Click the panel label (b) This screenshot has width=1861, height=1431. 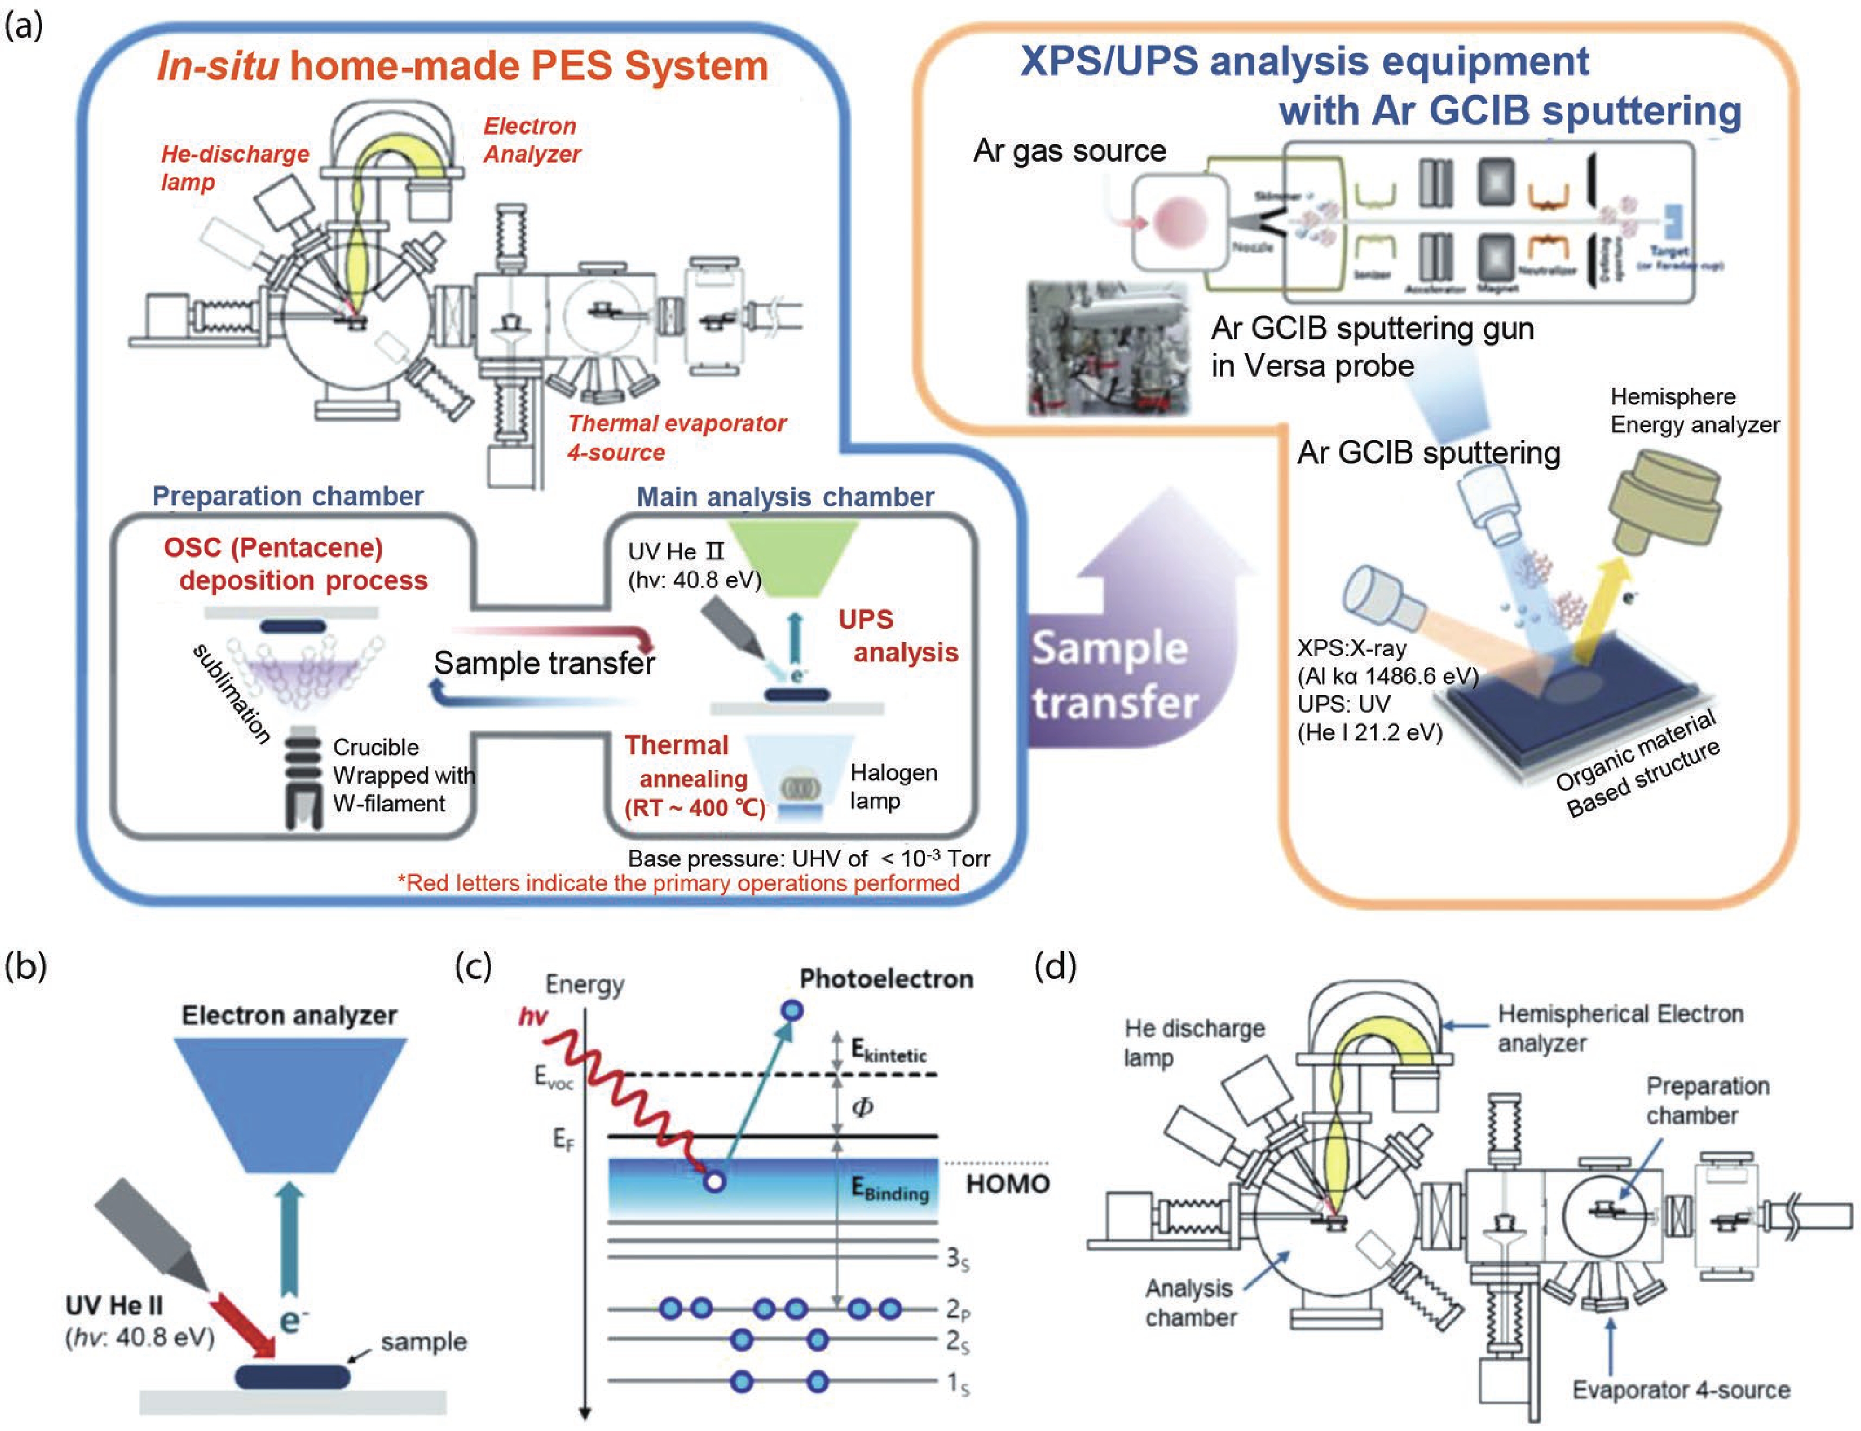point(25,966)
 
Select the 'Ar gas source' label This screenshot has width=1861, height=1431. point(1069,151)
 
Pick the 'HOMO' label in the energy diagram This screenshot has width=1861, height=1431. point(1007,1184)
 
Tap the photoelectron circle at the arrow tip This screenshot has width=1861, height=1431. point(792,1011)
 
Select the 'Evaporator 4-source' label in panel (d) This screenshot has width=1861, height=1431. point(1680,1390)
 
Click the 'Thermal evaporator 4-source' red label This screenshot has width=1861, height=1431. point(676,438)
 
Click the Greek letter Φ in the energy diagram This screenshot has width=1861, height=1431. point(863,1107)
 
